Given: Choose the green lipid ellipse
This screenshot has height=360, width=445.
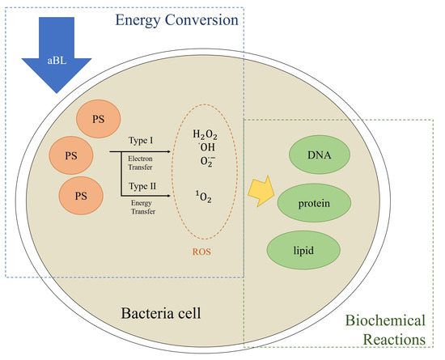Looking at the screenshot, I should pyautogui.click(x=303, y=250).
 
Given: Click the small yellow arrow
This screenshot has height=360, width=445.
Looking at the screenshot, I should pyautogui.click(x=261, y=193).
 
